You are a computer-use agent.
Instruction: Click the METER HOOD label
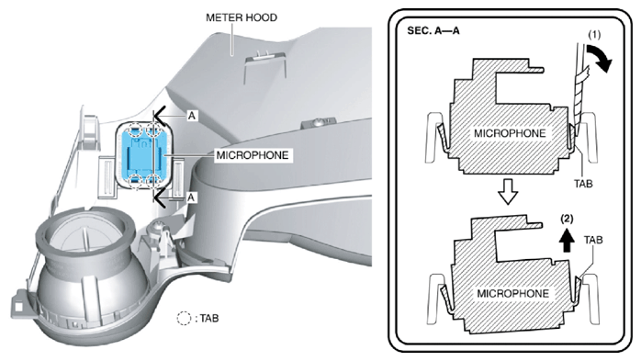coord(242,17)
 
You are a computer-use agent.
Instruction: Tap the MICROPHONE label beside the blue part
coord(253,155)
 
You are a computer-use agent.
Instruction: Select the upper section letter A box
coord(191,116)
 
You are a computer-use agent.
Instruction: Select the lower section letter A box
coord(190,197)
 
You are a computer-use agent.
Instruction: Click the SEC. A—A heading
coord(433,31)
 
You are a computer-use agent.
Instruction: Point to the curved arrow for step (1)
coord(600,58)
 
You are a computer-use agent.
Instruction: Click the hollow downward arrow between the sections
coord(509,192)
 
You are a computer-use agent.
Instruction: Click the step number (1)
coord(594,35)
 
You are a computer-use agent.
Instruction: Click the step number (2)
coord(567,220)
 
